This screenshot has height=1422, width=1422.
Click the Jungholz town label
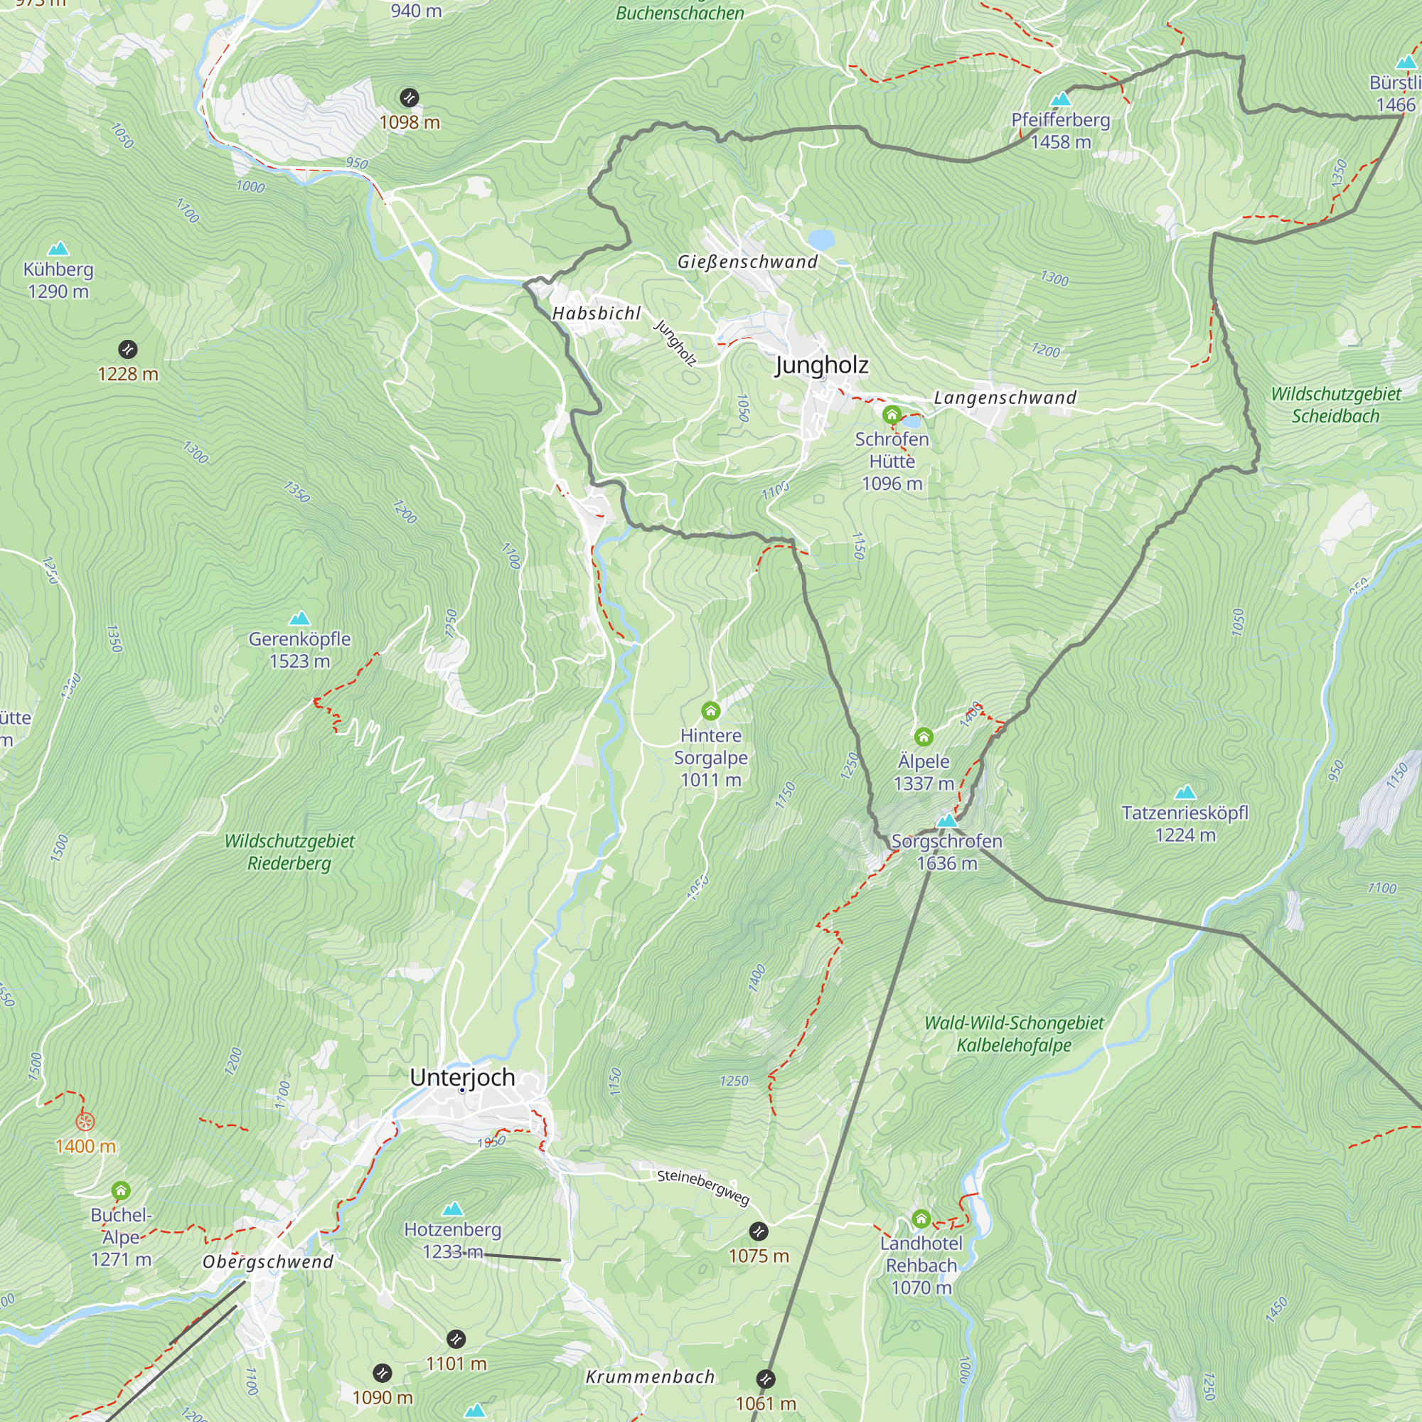[x=821, y=365]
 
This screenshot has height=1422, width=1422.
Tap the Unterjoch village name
[x=462, y=1078]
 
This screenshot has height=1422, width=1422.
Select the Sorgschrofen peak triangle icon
[x=946, y=820]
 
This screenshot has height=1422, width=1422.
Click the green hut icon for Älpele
[x=924, y=737]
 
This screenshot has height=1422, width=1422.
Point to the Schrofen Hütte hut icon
[x=892, y=415]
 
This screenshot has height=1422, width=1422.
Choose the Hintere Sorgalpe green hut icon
[x=710, y=711]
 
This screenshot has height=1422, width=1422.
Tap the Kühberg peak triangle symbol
[x=58, y=249]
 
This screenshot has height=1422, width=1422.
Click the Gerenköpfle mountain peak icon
[x=299, y=619]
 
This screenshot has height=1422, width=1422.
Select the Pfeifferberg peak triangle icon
[x=1061, y=100]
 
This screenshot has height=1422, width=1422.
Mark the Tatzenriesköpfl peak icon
[x=1185, y=793]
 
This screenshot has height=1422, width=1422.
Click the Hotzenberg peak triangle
[x=453, y=1209]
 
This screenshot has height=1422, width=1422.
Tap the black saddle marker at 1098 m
[x=410, y=97]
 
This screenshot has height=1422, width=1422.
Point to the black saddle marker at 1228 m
[x=127, y=349]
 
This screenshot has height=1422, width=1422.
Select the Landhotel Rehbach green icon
[x=921, y=1219]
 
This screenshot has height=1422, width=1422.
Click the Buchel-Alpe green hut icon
[x=121, y=1191]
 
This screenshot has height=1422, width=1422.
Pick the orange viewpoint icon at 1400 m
[x=85, y=1122]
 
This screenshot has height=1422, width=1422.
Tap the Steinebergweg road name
[x=703, y=1187]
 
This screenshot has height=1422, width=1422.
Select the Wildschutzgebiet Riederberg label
[x=289, y=852]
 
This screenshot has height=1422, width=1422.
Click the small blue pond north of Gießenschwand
[x=820, y=239]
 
